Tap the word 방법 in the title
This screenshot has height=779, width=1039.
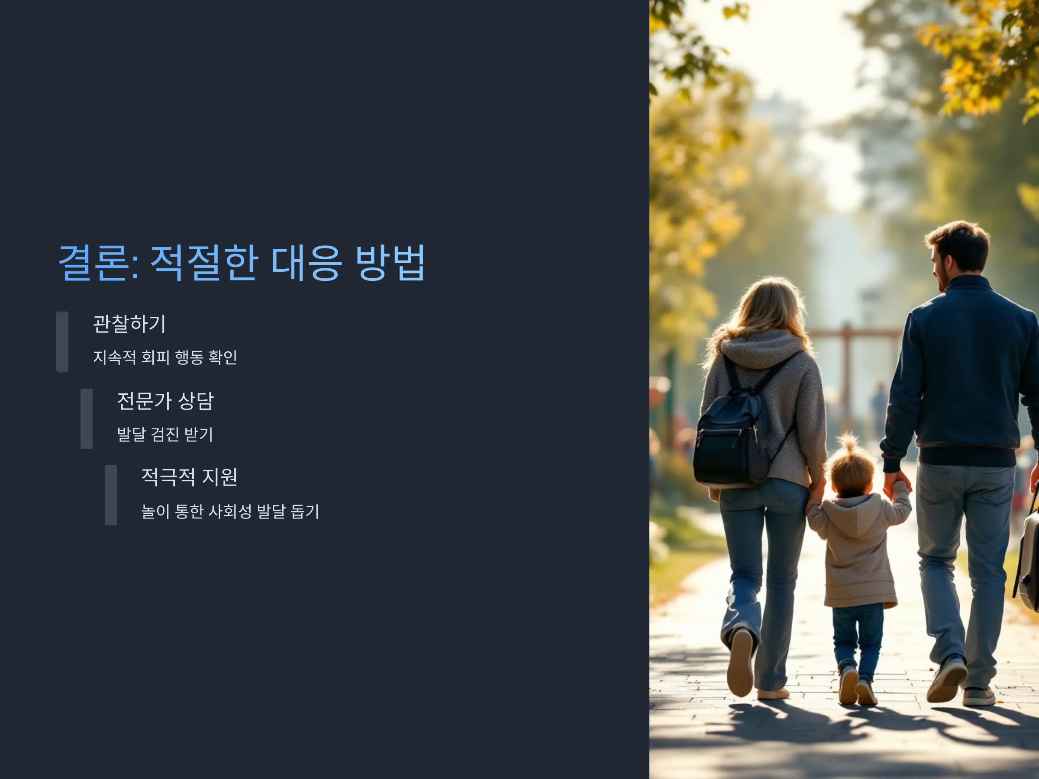pyautogui.click(x=390, y=263)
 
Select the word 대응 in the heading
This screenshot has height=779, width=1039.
pyautogui.click(x=306, y=263)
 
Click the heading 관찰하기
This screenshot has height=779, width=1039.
pyautogui.click(x=129, y=324)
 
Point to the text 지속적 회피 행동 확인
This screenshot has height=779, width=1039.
pyautogui.click(x=165, y=357)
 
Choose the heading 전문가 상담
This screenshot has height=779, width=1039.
pyautogui.click(x=165, y=401)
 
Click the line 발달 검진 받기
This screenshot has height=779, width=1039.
pyautogui.click(x=165, y=435)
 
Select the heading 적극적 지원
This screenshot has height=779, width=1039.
pyautogui.click(x=189, y=477)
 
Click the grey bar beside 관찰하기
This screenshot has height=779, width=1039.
pyautogui.click(x=62, y=342)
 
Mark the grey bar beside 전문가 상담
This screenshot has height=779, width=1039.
pyautogui.click(x=87, y=419)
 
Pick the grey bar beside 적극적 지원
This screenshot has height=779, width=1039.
pyautogui.click(x=111, y=495)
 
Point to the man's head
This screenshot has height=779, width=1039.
pyautogui.click(x=958, y=256)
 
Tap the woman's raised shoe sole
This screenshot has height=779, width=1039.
pyautogui.click(x=740, y=662)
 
